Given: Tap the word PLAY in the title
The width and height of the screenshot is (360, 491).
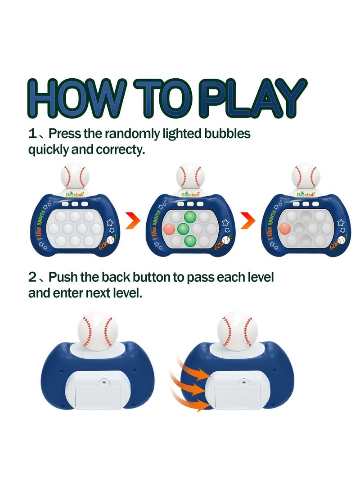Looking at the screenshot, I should pos(252,99).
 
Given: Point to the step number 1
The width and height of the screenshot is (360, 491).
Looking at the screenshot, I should pos(32,134).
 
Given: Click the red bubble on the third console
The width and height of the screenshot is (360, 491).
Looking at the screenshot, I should pos(284,228).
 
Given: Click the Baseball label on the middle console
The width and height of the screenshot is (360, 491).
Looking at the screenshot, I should pos(189,194).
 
